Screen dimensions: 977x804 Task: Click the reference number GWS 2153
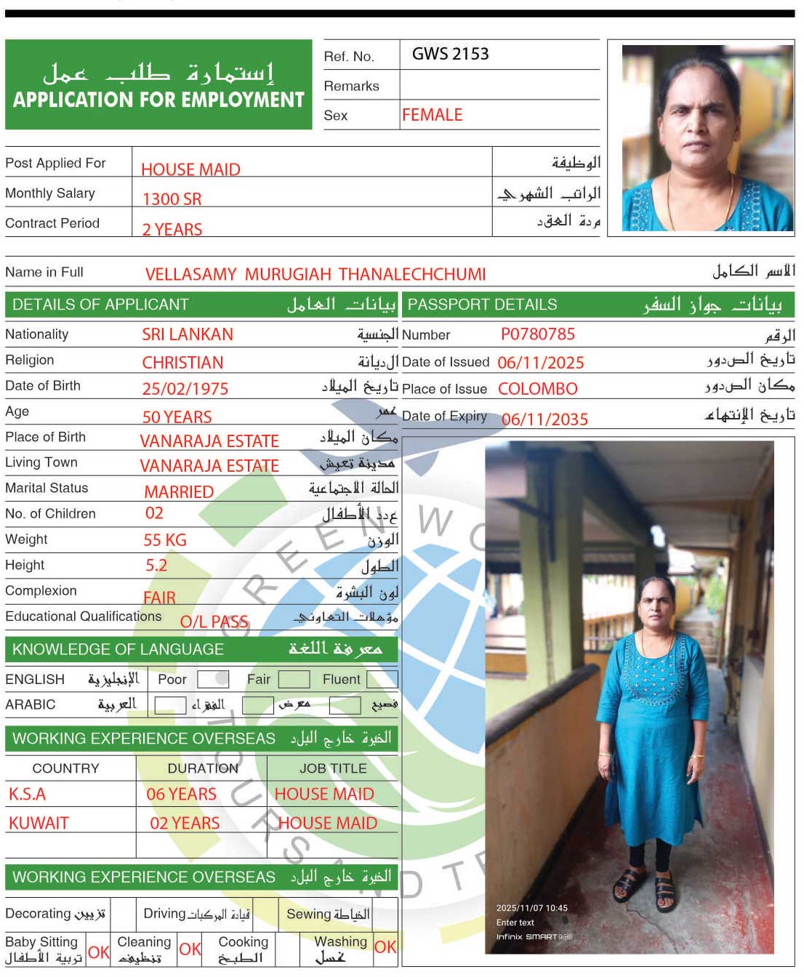point(450,55)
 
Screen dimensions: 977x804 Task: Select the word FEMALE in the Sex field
point(432,115)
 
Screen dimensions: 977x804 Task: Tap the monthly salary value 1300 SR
point(172,199)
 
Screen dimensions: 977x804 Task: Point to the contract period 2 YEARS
point(172,230)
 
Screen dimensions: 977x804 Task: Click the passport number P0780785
point(537,334)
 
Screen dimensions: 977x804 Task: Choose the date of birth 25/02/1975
point(185,389)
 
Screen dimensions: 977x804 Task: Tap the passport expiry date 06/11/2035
point(544,419)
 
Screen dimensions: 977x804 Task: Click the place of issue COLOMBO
point(537,389)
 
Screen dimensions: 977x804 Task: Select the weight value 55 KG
point(165,540)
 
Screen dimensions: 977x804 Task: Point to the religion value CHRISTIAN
point(182,363)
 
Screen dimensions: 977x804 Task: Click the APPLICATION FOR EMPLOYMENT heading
point(158,100)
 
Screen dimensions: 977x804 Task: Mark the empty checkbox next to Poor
point(213,679)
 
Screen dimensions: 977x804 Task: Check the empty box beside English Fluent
point(382,679)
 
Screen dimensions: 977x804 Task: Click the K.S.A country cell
point(28,795)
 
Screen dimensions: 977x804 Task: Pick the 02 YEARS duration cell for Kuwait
point(185,824)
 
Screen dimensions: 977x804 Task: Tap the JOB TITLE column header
point(333,768)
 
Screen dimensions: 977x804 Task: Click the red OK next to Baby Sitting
point(98,952)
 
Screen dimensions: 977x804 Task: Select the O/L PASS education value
point(214,622)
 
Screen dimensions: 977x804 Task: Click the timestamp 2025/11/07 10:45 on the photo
point(531,908)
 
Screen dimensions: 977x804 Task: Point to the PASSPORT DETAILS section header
point(482,305)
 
